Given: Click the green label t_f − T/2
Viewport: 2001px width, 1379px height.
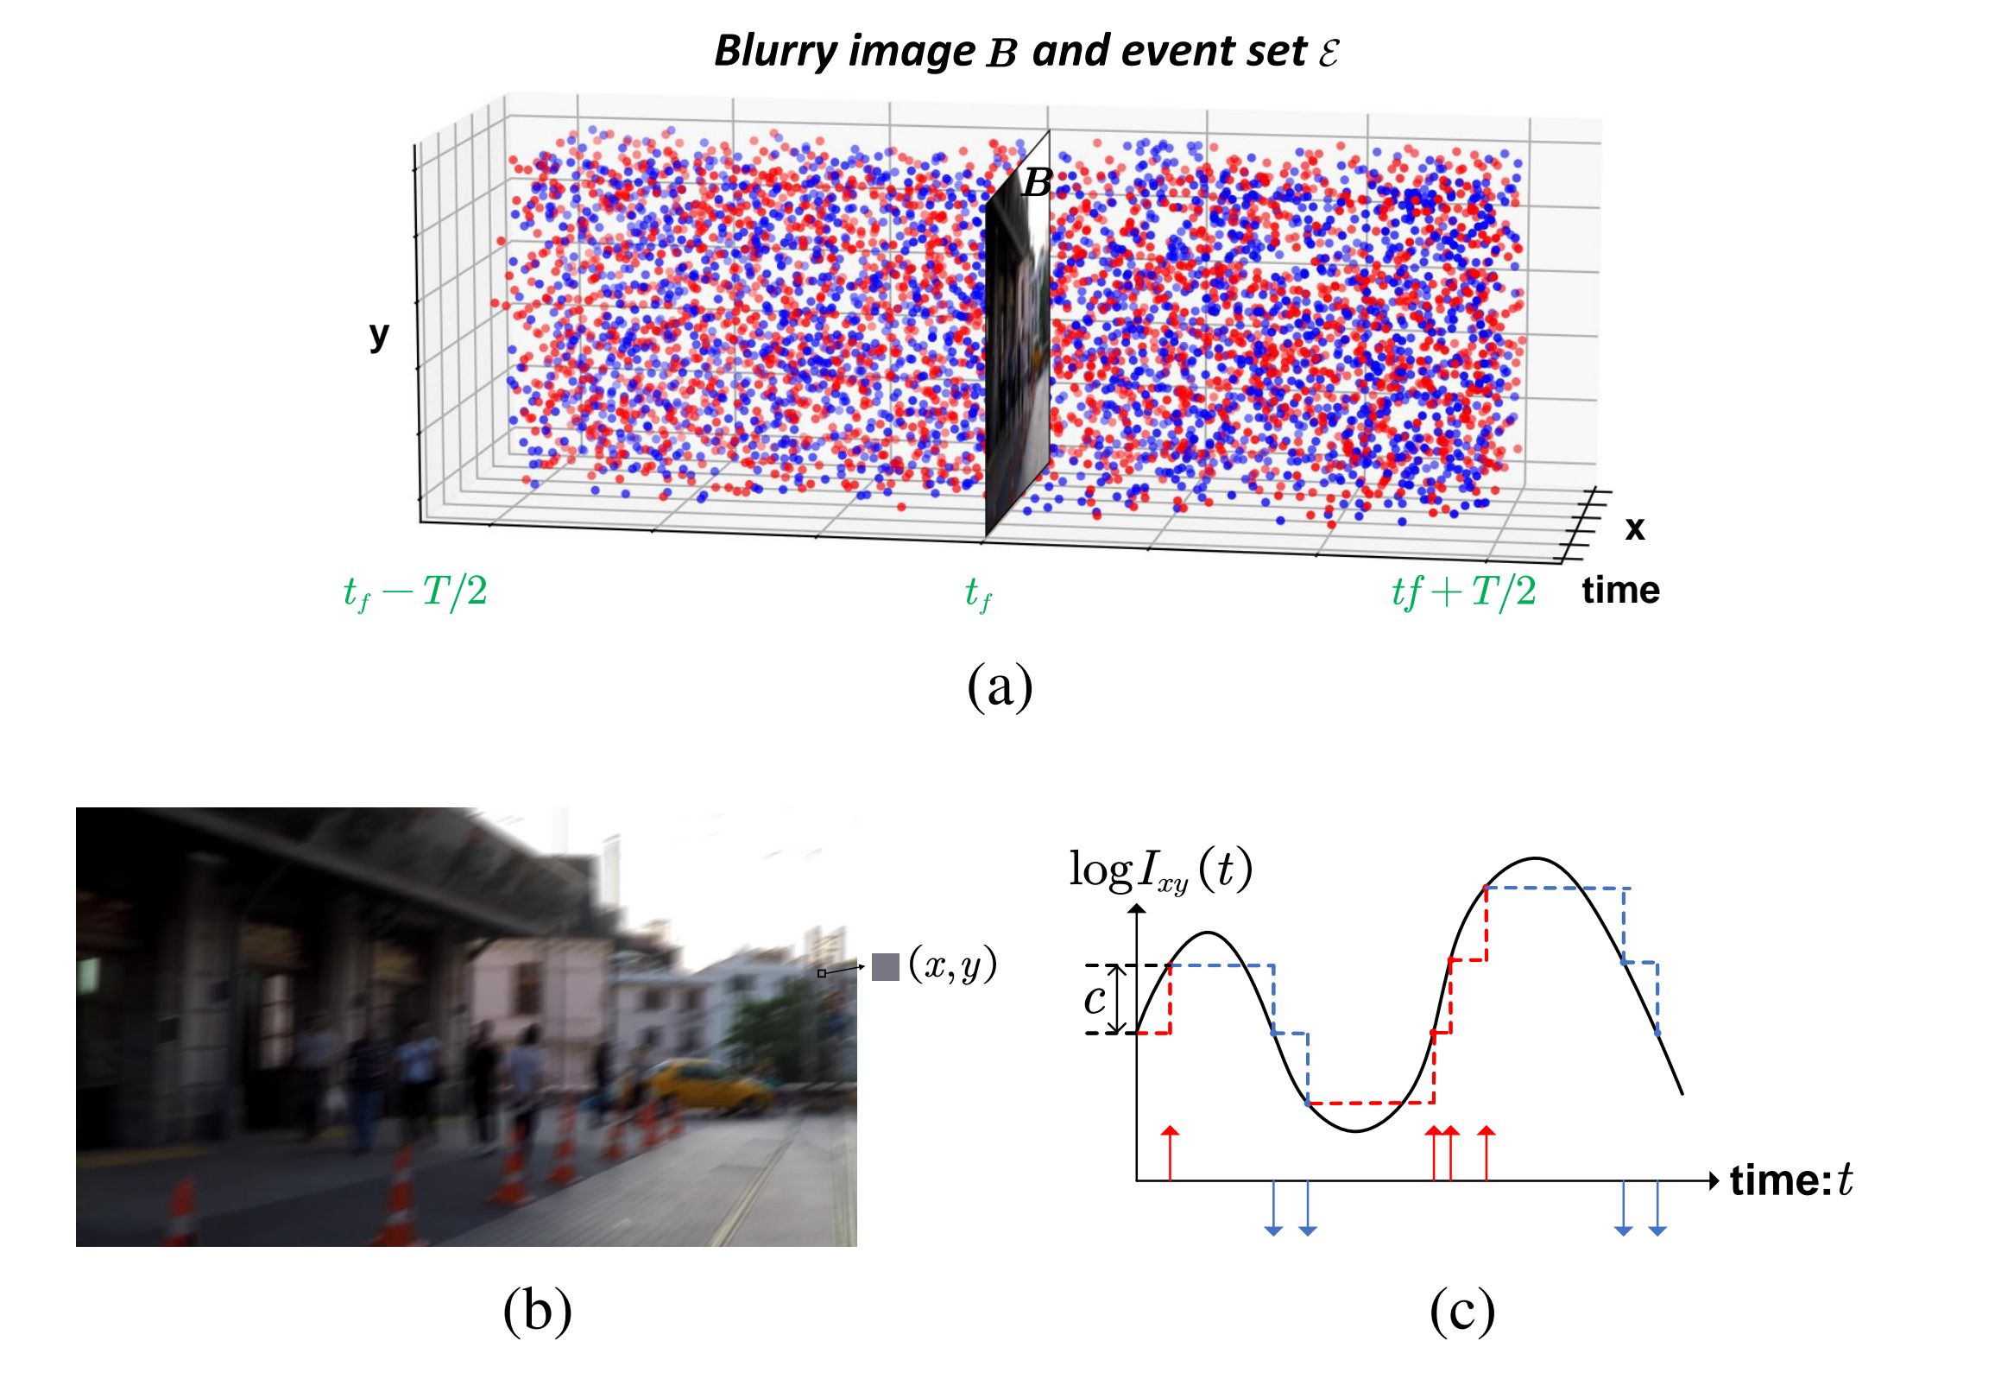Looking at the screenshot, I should tap(415, 592).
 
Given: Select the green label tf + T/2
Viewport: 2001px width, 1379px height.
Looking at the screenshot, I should tap(1463, 592).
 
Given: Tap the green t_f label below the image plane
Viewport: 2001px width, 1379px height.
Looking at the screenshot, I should tap(978, 594).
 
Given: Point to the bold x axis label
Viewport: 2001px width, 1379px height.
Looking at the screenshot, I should tap(1634, 527).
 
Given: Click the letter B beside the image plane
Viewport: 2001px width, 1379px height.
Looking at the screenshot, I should tap(1037, 183).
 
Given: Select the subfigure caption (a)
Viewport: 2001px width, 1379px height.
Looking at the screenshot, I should tap(999, 686).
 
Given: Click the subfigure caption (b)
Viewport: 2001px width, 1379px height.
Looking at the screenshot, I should tap(536, 1310).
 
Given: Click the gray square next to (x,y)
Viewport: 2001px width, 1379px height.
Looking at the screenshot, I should tap(885, 967).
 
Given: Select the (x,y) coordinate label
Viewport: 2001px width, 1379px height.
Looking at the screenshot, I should tap(952, 965).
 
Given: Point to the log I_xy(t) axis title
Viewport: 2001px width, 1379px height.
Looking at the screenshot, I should tap(1160, 871).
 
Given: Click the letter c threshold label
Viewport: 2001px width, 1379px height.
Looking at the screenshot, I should tap(1095, 1000).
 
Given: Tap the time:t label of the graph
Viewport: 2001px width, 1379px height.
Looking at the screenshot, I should tap(1790, 1180).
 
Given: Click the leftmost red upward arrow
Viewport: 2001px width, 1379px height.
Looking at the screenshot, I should tap(1170, 1153).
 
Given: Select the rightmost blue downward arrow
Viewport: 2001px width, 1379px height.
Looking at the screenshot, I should tap(1657, 1208).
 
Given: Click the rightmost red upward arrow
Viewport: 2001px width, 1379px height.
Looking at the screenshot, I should tap(1486, 1153).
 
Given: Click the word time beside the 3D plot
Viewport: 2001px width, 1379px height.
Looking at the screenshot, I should tap(1620, 590).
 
